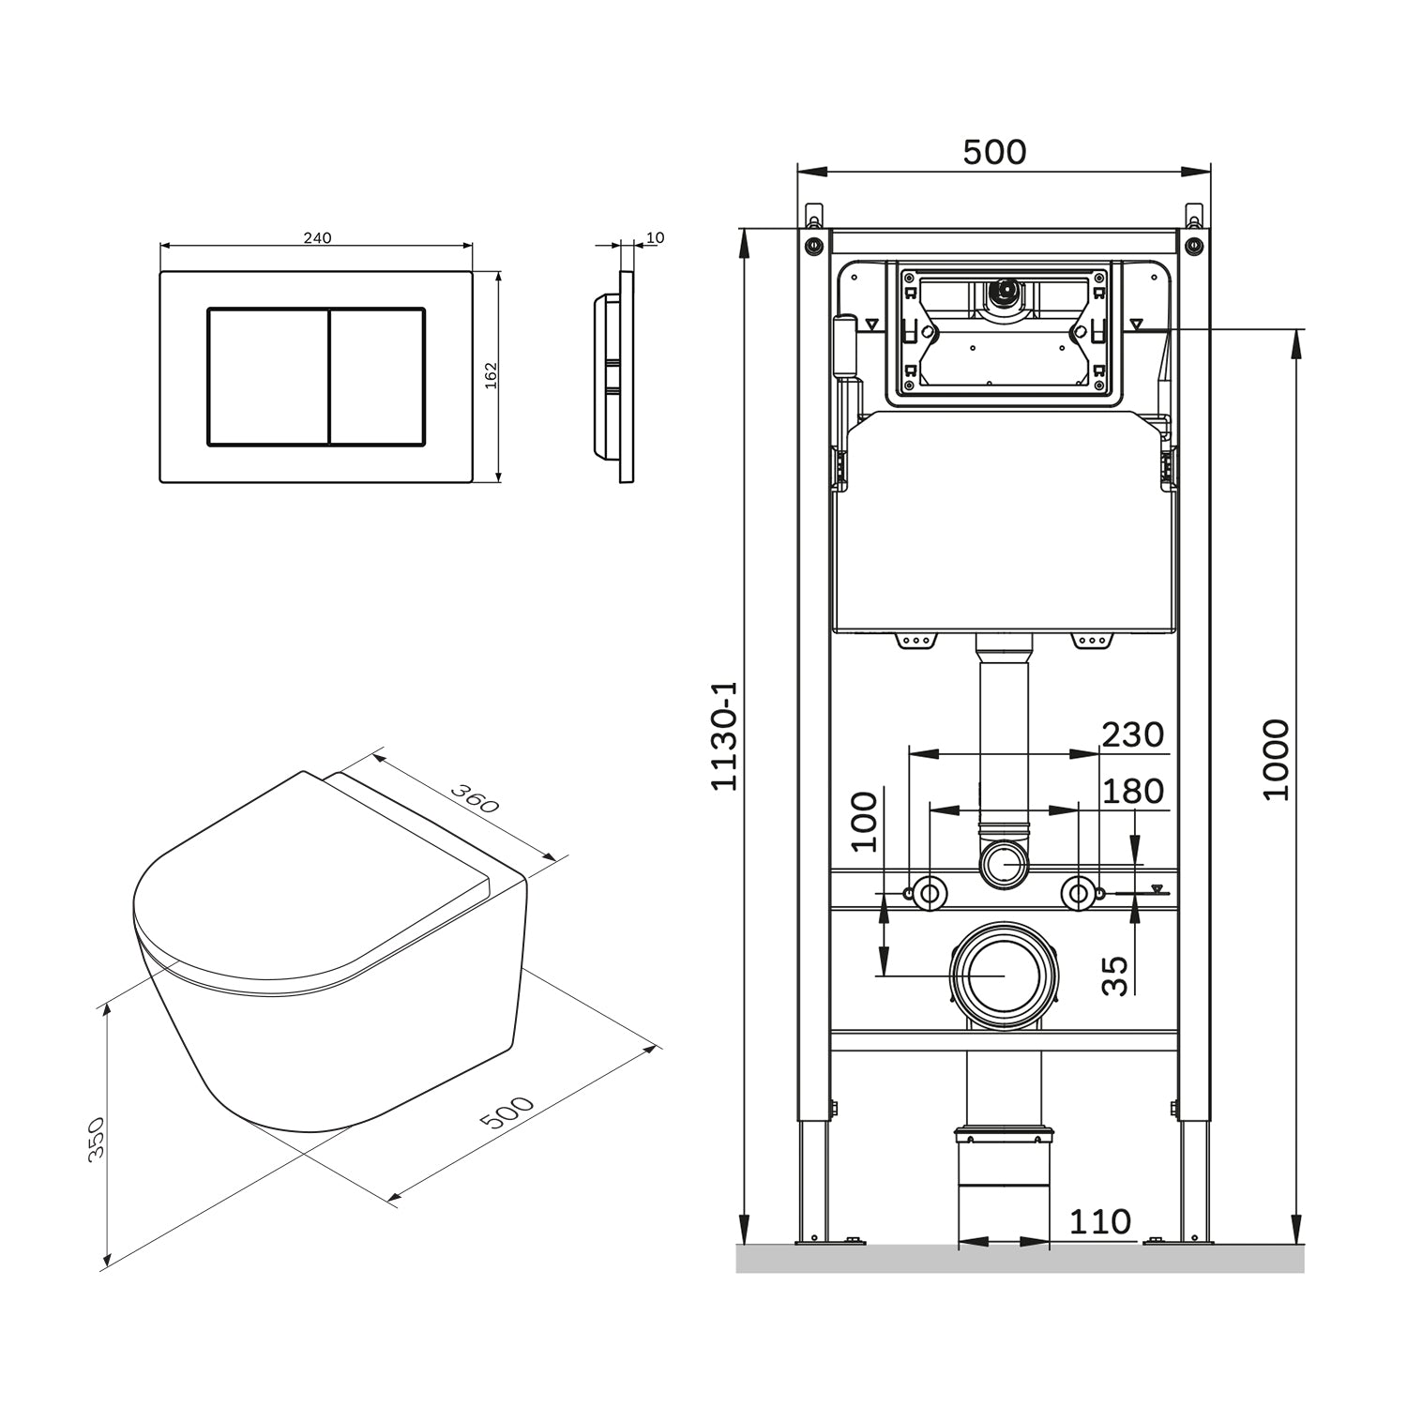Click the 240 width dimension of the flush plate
coord(317,238)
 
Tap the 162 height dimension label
coord(491,375)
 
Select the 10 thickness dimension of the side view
coord(656,238)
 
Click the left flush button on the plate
coord(267,375)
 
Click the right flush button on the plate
coord(377,375)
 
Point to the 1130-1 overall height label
coord(724,735)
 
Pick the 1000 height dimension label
coord(1276,760)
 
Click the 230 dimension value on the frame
coord(1133,734)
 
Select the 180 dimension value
coord(1133,792)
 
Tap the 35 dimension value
coord(1114,976)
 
